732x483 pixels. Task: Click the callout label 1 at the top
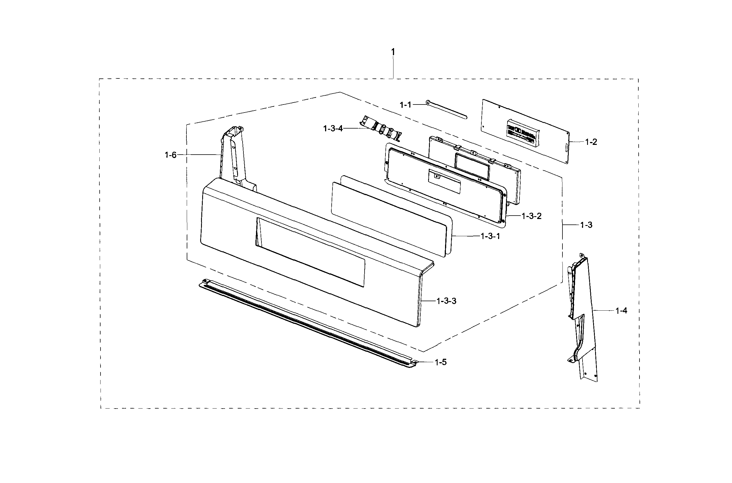click(393, 52)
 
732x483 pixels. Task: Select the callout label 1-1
click(406, 105)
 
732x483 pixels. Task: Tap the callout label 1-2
click(591, 142)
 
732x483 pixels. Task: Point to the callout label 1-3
click(586, 225)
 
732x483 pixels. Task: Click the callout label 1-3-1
click(491, 236)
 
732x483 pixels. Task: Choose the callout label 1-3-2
click(532, 216)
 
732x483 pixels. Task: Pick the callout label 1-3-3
click(446, 301)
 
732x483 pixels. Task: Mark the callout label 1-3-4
click(333, 129)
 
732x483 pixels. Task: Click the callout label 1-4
click(621, 311)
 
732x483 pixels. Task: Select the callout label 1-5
click(440, 362)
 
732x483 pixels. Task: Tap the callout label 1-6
click(171, 155)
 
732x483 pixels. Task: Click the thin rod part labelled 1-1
click(446, 110)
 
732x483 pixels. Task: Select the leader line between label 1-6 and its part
click(199, 155)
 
